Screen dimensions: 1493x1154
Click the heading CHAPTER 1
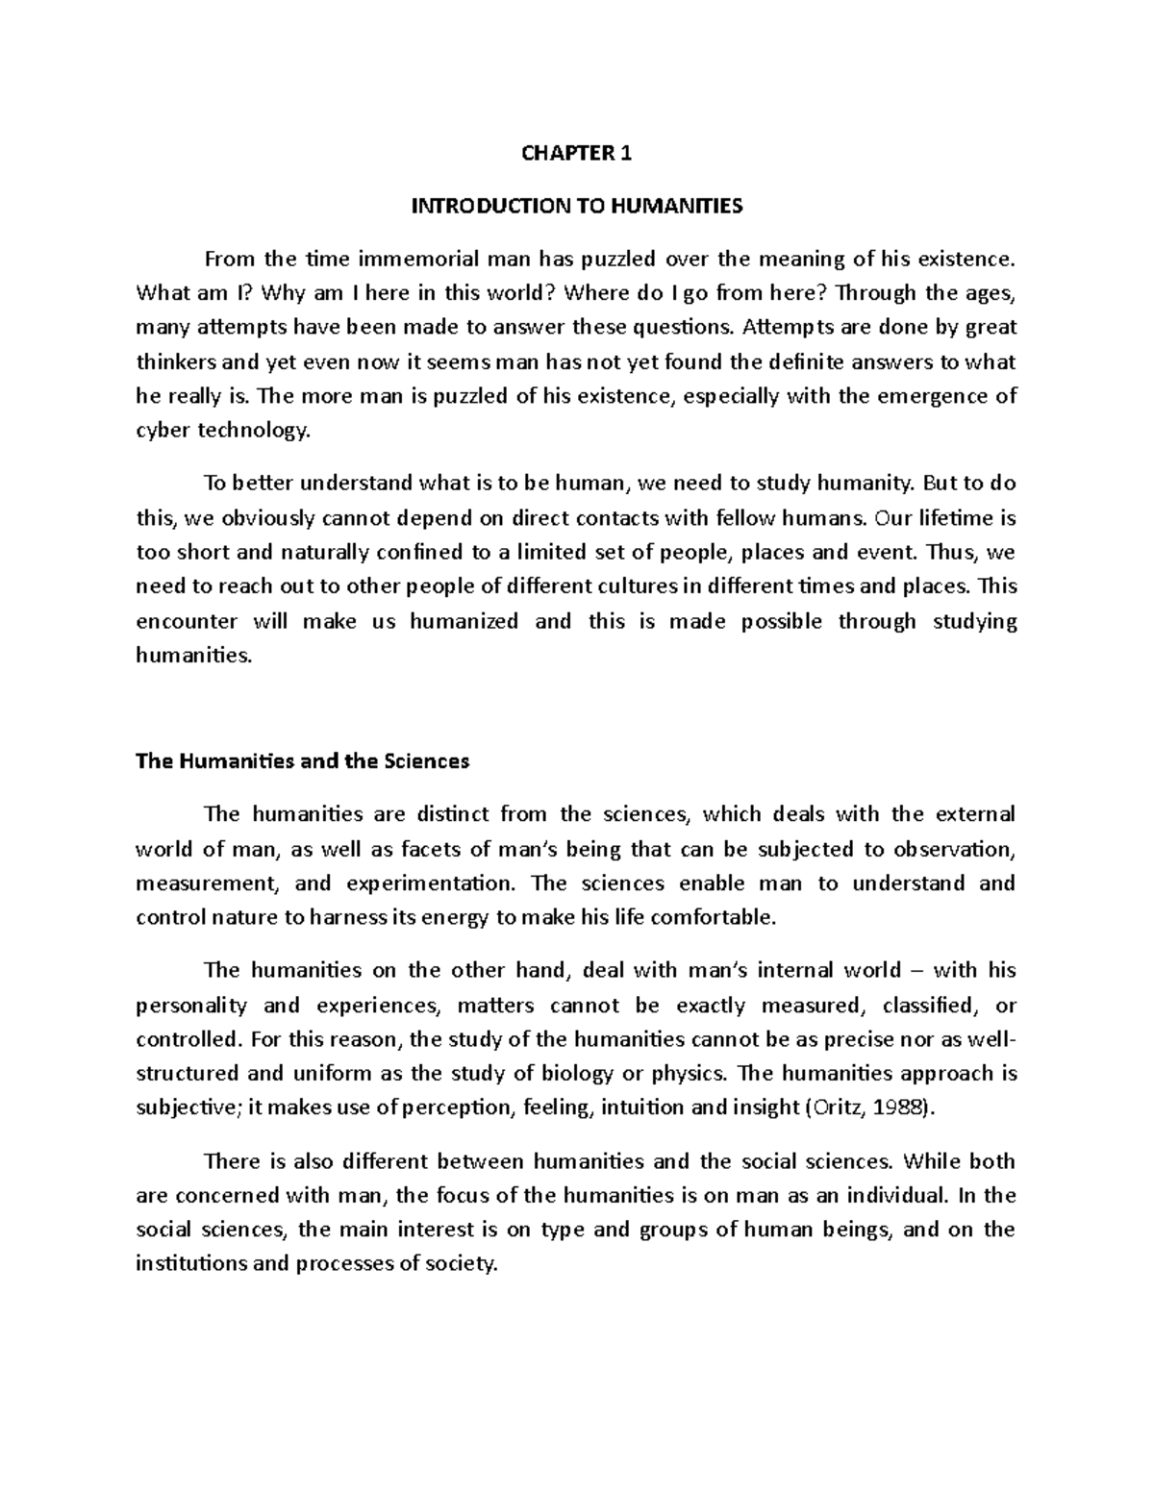(576, 154)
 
